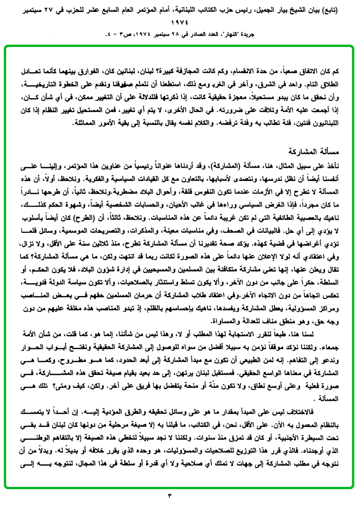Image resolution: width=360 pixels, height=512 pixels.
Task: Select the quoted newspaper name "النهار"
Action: (239, 34)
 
